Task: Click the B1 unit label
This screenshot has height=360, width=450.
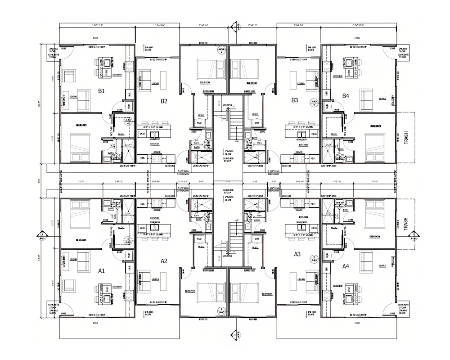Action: pos(101,91)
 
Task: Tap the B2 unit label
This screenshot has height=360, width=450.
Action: pos(164,101)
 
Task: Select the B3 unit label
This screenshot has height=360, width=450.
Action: pos(295,100)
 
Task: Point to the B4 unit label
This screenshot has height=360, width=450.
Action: pos(345,95)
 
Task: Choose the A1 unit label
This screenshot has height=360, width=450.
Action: pos(102,270)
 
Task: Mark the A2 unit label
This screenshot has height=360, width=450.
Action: pos(164,261)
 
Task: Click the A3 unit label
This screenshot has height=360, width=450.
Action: pos(297,254)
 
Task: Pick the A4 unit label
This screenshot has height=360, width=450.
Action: pos(346,266)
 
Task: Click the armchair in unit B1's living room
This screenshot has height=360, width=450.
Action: pos(70,76)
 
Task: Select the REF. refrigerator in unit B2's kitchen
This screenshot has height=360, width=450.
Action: pos(143,158)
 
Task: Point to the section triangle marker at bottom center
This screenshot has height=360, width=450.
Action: pos(234,334)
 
